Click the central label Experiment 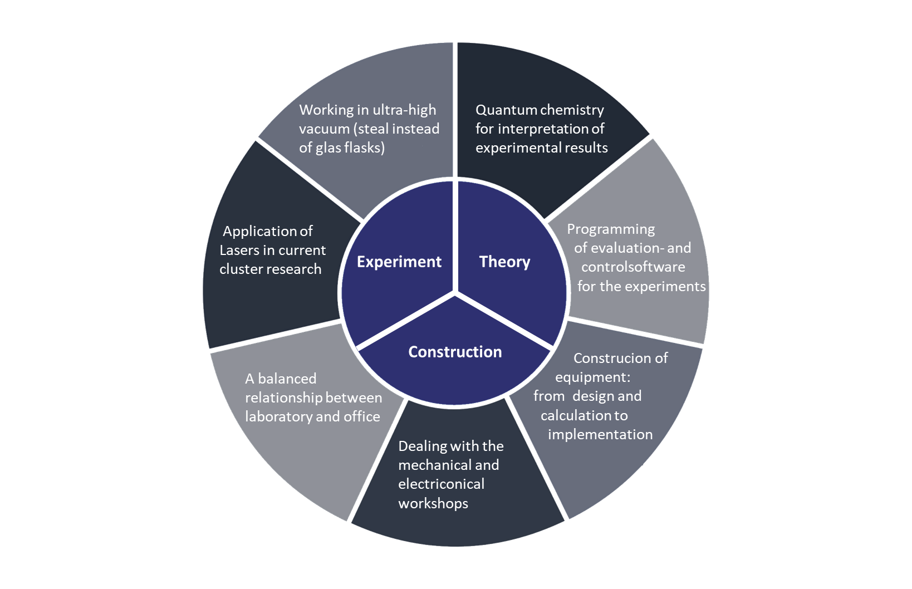399,262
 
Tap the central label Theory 504,262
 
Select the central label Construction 455,352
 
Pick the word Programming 611,229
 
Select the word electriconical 442,484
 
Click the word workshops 433,504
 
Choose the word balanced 287,379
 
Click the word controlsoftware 633,267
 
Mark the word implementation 600,435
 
